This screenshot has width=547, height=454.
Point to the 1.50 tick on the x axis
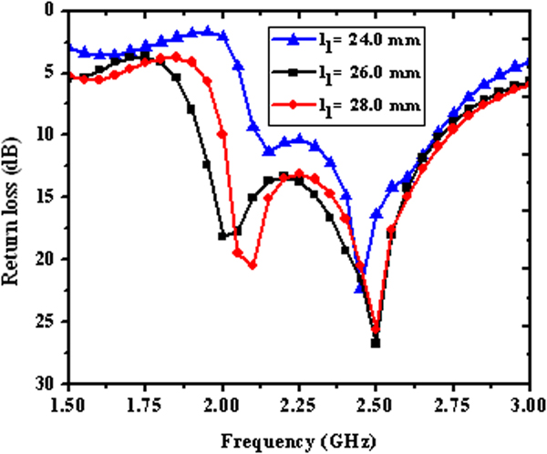click(69, 402)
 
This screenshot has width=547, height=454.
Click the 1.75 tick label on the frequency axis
click(146, 402)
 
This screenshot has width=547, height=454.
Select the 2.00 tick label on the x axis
click(222, 402)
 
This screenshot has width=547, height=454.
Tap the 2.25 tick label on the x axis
click(299, 402)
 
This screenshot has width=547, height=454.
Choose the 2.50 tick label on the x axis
click(376, 402)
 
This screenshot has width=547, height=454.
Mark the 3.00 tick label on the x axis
click(527, 402)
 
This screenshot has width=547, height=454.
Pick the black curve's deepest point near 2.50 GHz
click(376, 343)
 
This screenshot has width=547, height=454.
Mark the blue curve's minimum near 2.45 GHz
click(360, 288)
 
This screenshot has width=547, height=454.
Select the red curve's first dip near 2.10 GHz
click(253, 265)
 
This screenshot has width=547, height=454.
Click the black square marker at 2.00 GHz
click(222, 236)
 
